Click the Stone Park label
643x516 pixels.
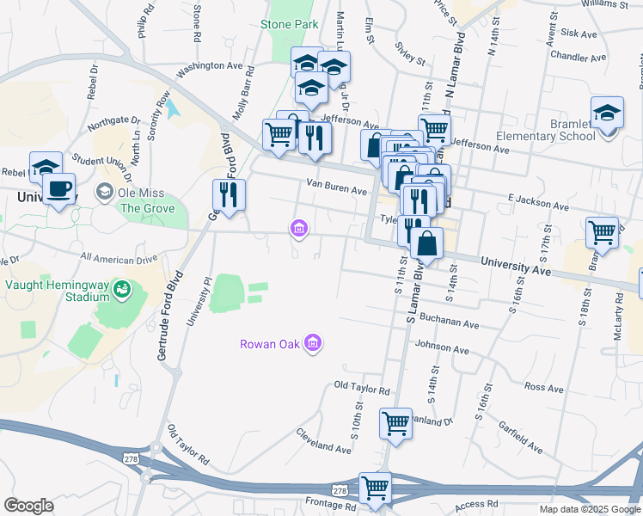[289, 24]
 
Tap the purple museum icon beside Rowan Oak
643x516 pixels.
[312, 344]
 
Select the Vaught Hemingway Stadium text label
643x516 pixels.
[58, 291]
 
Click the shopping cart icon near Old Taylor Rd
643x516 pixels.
[395, 422]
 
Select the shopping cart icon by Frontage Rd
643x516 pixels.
[375, 488]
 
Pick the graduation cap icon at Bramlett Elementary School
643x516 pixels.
[607, 113]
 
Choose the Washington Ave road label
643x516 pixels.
[210, 65]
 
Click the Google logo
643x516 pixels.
[29, 505]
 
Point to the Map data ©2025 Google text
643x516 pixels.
[589, 509]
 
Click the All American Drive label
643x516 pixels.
[119, 259]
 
